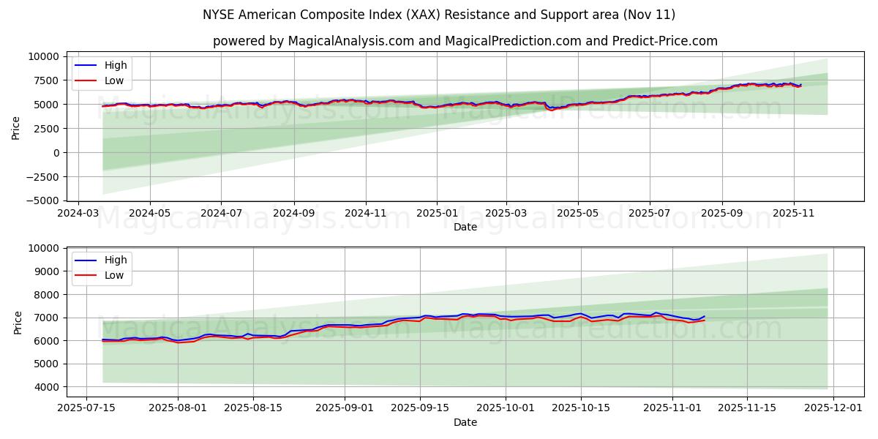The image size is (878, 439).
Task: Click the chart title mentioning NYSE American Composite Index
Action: coord(439,15)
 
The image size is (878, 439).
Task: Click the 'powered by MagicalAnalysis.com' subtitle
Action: coord(465,41)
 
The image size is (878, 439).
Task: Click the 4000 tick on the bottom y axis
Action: coord(48,387)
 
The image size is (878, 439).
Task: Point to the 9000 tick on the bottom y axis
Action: coord(48,271)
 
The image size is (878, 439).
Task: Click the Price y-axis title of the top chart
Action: coord(16,127)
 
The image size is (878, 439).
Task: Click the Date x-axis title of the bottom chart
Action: coord(465,422)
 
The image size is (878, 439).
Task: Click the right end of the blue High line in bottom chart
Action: coord(704,316)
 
